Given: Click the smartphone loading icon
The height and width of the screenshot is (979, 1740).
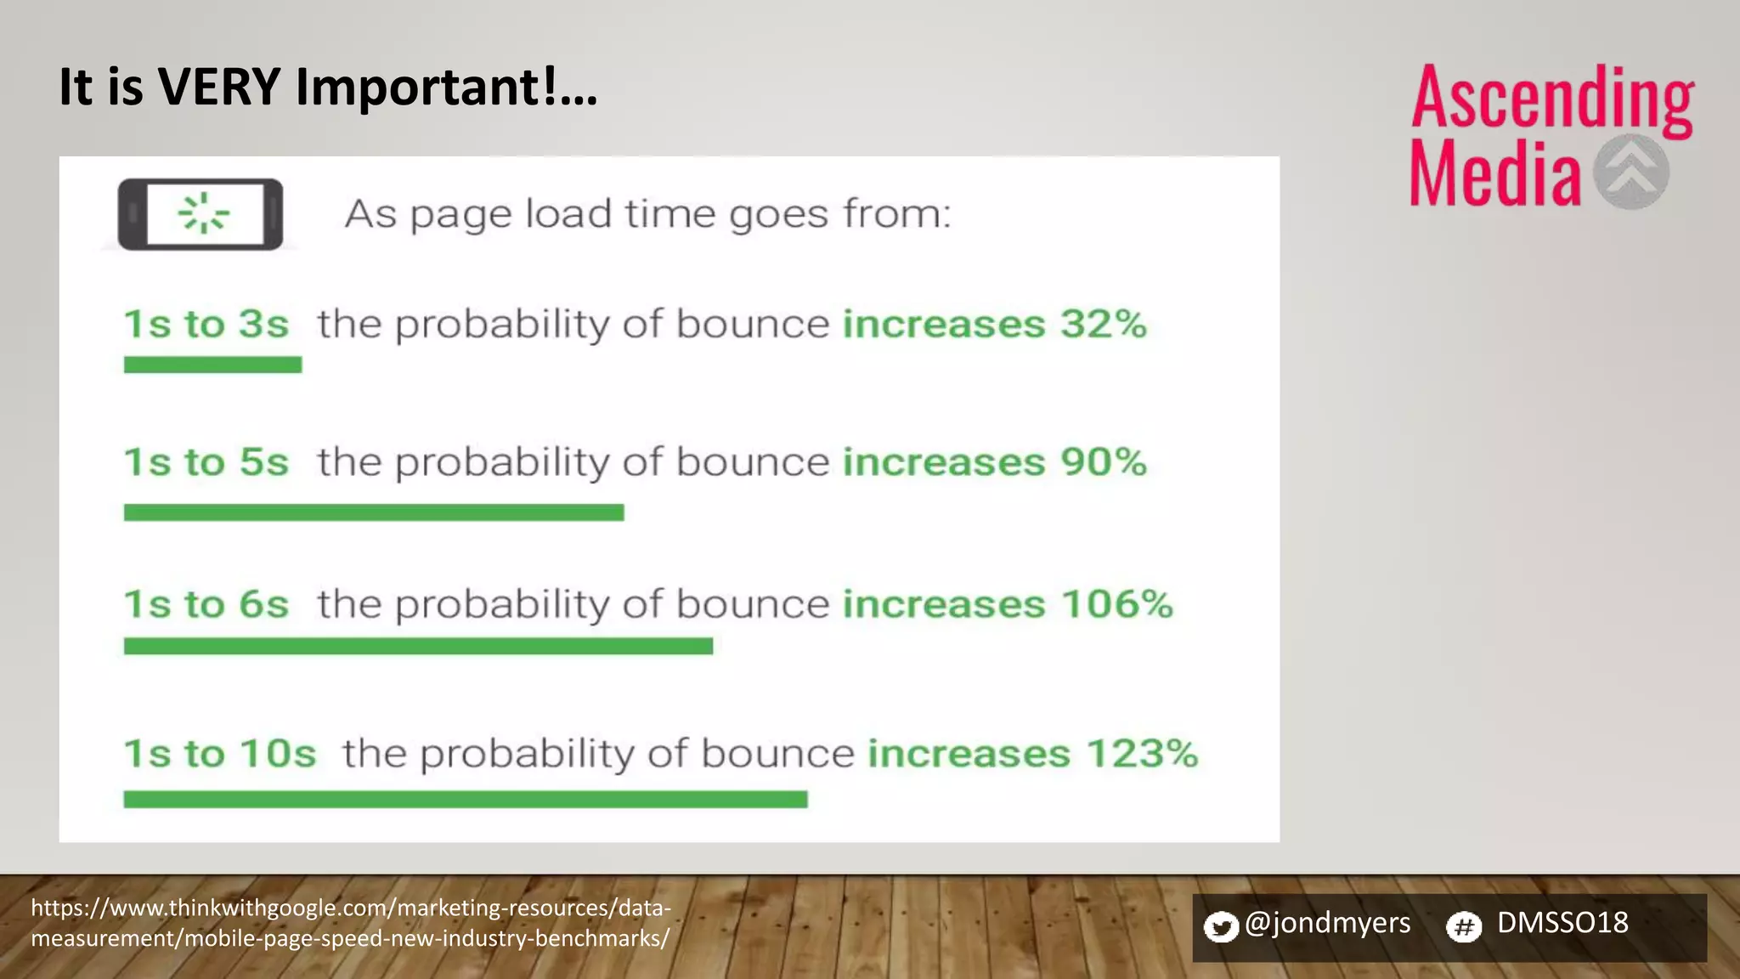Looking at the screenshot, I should (201, 214).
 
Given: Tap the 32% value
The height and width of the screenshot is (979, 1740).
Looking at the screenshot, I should (1103, 324).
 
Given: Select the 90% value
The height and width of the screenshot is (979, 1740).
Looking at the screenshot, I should (1103, 462).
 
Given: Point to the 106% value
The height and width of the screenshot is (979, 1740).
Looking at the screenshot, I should (1116, 604).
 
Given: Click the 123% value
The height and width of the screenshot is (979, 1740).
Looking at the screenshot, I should (1142, 754).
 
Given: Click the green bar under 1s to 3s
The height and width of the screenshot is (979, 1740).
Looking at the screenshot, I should (212, 365).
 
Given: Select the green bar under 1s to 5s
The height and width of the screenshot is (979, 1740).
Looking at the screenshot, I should (374, 512).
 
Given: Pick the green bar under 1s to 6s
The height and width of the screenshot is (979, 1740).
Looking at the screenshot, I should (418, 647).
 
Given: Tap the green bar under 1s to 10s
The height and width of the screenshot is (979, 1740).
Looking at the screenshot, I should (465, 799).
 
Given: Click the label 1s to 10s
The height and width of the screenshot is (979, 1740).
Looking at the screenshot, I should (220, 754).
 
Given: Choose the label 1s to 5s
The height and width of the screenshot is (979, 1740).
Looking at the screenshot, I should (206, 462).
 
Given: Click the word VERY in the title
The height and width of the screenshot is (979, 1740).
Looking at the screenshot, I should (219, 87).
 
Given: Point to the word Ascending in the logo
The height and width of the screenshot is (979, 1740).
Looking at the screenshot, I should (1551, 100).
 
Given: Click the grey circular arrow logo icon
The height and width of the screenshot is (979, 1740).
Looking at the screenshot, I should (1630, 173).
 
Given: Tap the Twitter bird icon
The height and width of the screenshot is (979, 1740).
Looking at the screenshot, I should (1221, 926).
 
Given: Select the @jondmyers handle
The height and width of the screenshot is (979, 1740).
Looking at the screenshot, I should (1327, 923).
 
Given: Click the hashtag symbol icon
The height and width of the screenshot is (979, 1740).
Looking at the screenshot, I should (1464, 926).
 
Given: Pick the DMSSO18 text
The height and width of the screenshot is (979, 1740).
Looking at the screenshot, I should (1562, 923).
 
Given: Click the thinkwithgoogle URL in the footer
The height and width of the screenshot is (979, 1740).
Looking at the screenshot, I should (350, 923).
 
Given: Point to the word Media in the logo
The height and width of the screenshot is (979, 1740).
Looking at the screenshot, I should (1495, 174).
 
